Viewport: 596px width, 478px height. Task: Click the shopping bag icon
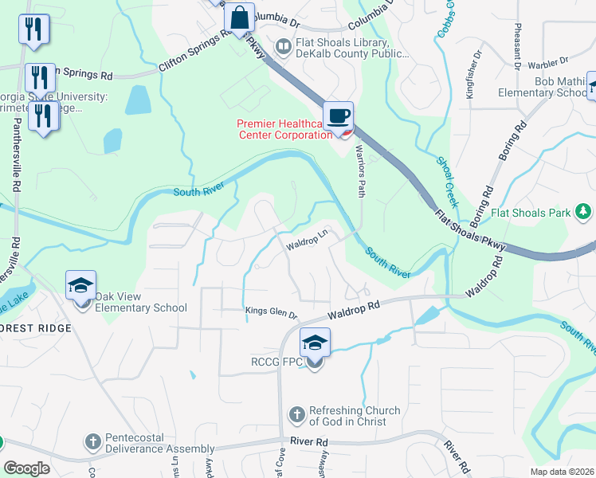click(239, 17)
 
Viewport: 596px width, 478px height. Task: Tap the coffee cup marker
click(339, 116)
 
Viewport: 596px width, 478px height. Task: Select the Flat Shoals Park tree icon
click(584, 212)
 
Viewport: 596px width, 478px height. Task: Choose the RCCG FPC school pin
click(315, 343)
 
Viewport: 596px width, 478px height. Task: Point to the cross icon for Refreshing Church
click(296, 415)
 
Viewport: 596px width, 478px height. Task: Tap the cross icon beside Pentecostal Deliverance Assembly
click(93, 441)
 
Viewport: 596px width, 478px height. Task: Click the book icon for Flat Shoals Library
click(282, 48)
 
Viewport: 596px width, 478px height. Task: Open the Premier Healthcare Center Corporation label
click(284, 129)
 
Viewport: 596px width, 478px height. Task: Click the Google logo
click(26, 468)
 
